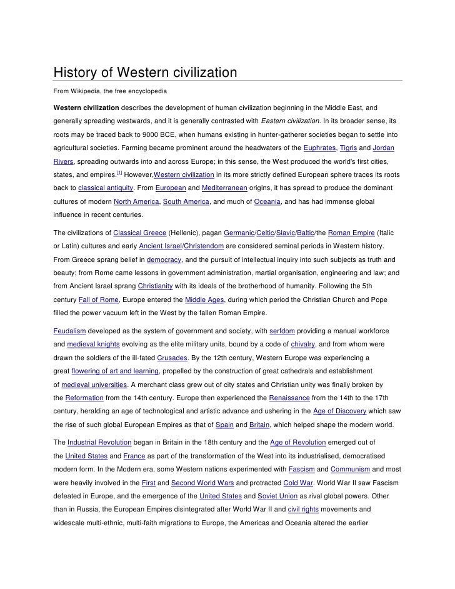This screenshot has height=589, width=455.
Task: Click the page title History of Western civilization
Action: pyautogui.click(x=145, y=73)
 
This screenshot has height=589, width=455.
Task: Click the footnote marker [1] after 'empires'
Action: pyautogui.click(x=120, y=171)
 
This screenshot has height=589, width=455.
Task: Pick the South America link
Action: pyautogui.click(x=186, y=203)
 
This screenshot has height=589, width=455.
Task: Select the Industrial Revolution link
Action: pyautogui.click(x=99, y=441)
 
